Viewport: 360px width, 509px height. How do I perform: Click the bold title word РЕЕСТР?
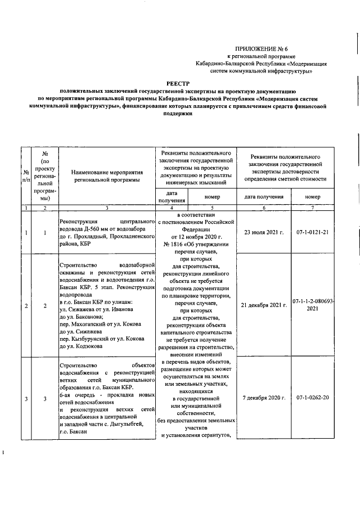pyautogui.click(x=182, y=82)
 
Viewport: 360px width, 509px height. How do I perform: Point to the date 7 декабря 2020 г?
pyautogui.click(x=263, y=398)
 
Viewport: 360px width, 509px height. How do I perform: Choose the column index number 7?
pyautogui.click(x=313, y=209)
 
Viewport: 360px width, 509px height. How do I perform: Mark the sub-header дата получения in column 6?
pyautogui.click(x=263, y=197)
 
